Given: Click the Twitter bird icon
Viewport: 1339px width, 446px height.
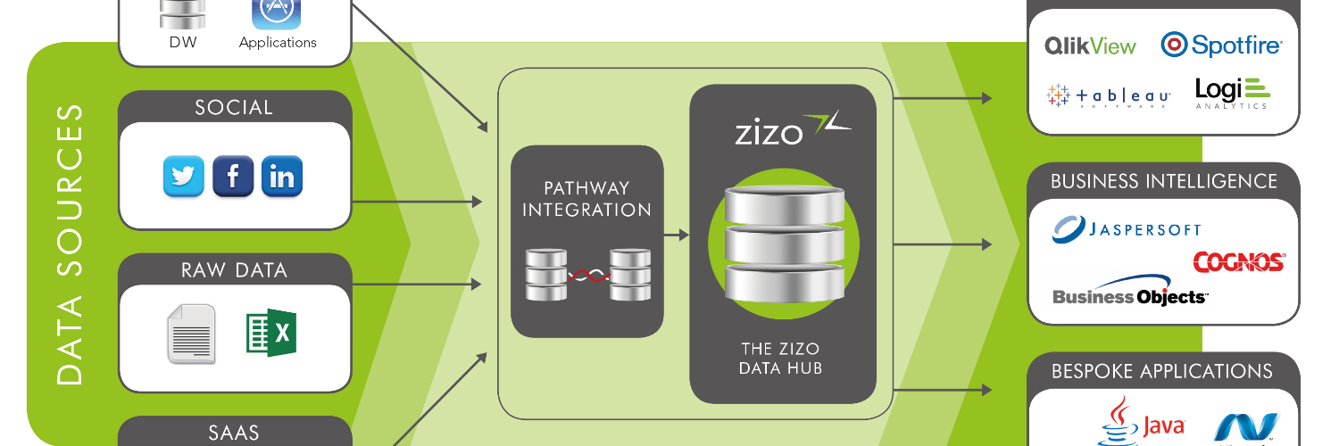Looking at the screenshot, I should [x=184, y=176].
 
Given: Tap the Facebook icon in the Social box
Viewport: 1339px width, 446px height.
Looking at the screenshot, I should [x=233, y=176].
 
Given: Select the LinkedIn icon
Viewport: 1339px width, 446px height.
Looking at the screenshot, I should [x=282, y=176].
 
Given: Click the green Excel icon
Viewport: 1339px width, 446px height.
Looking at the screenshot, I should [x=271, y=333].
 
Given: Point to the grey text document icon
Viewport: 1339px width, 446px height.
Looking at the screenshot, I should [x=191, y=334].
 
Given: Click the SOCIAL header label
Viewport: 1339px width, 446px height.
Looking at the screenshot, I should [x=234, y=108].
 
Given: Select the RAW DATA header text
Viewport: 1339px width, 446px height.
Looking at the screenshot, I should [x=234, y=270].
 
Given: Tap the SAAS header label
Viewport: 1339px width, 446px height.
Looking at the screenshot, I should [x=234, y=433].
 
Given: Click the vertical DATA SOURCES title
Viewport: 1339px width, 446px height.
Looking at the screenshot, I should [x=70, y=244].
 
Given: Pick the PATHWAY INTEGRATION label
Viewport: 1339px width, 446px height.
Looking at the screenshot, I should [x=586, y=199].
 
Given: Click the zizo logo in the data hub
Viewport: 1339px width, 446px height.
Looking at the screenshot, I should [x=792, y=129].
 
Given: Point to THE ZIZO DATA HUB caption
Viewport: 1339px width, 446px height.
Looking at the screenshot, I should [x=781, y=358].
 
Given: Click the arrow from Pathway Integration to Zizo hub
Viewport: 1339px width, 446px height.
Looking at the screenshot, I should [x=677, y=235].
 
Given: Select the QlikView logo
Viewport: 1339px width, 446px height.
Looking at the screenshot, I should [x=1090, y=46].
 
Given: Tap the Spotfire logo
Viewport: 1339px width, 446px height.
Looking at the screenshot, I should [x=1220, y=45].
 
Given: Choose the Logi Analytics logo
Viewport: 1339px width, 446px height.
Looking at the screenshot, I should [x=1232, y=94].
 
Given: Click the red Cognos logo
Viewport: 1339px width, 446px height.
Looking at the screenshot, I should [x=1239, y=261].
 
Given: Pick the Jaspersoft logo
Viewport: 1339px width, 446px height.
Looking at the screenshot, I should [x=1127, y=229].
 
